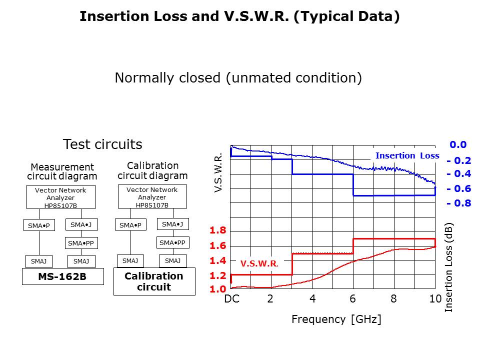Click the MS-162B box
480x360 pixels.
62,276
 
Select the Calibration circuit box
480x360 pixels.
154,281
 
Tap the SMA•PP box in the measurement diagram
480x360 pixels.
81,243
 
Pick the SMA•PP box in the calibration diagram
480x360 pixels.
172,242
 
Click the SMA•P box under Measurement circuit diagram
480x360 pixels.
39,225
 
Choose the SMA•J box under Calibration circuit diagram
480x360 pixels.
172,224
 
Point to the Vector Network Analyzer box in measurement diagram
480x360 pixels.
60,197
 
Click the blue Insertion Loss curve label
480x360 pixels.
407,155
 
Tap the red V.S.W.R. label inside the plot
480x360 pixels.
259,263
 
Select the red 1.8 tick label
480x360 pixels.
217,230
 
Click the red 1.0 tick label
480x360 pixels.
217,289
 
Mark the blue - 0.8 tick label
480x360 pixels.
458,203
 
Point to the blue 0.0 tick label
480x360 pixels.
458,144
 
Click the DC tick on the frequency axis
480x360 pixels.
231,299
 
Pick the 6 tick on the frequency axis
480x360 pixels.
352,299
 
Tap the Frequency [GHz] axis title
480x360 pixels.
336,319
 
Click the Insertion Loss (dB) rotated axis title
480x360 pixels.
449,268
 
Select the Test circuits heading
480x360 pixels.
102,144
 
